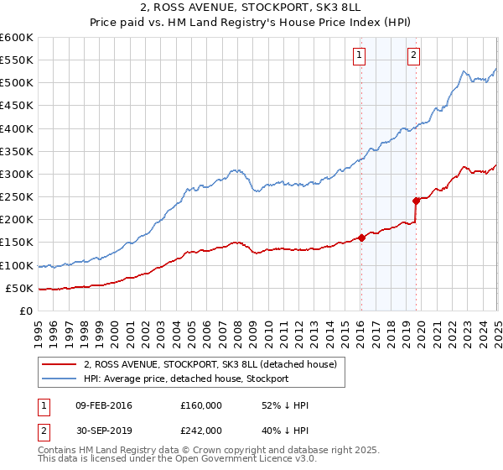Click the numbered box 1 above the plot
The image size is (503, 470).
359,56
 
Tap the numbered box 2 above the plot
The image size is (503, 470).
414,56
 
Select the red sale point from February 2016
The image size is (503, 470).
361,238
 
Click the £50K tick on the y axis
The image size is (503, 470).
19,288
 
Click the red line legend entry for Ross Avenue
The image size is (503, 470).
210,364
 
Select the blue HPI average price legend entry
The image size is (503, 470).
185,379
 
